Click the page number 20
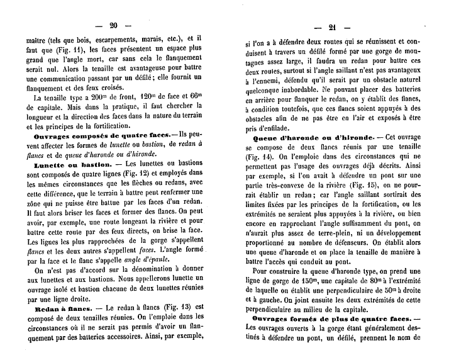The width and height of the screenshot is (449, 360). pyautogui.click(x=114, y=26)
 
